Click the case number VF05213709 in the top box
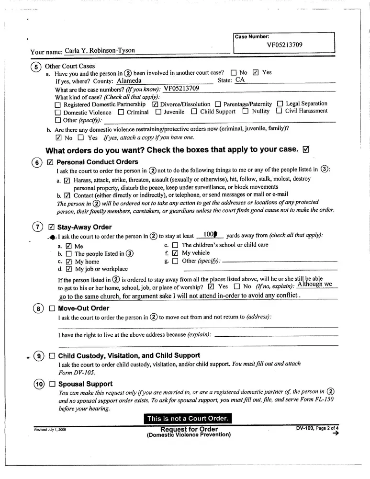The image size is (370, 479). (x=284, y=46)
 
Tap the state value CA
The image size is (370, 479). (x=240, y=80)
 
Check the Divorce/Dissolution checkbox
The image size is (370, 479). (x=155, y=104)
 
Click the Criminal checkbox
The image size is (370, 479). (x=121, y=112)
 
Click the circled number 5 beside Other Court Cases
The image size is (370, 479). (x=36, y=67)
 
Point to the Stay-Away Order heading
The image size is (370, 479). (x=84, y=227)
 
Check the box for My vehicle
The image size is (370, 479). (x=175, y=253)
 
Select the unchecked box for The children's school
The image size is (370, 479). (x=175, y=245)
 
